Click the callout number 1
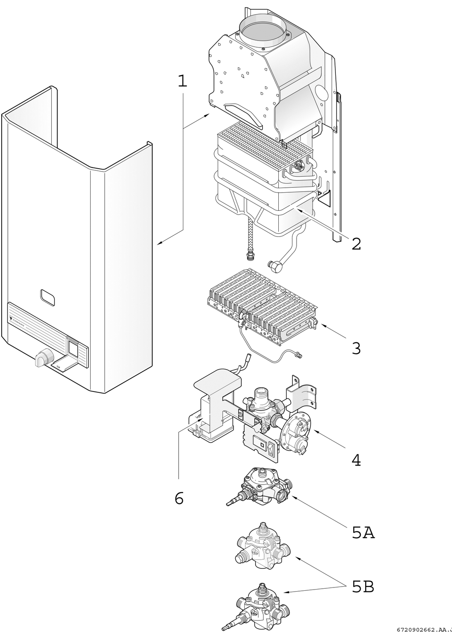click(182, 81)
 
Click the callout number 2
click(356, 243)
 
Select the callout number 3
click(356, 348)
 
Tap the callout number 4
click(356, 460)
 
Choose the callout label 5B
click(363, 587)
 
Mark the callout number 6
click(179, 499)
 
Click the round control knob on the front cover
click(44, 356)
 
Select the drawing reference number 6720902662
click(418, 630)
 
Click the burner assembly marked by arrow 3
click(261, 306)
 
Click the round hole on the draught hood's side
click(321, 92)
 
